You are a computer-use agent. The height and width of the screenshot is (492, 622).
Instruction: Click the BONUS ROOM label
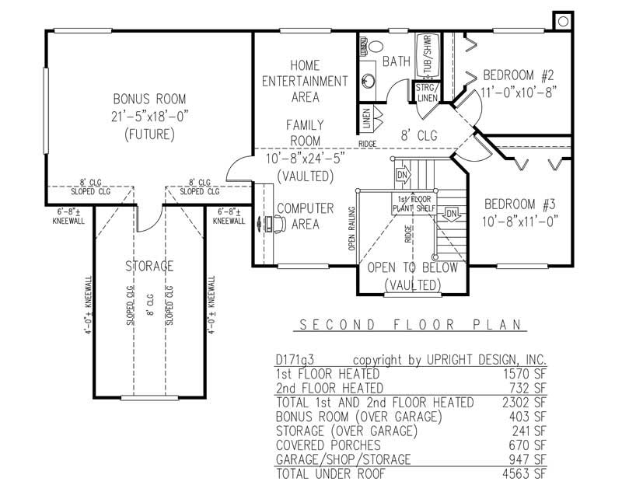[x=149, y=99]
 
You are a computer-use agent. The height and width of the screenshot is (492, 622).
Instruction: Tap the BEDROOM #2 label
[x=518, y=75]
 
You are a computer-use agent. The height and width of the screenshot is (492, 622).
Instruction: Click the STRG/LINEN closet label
[x=427, y=92]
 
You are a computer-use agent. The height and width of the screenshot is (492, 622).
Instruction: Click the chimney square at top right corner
[x=561, y=21]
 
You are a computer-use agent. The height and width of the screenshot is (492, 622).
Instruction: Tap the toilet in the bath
[x=365, y=48]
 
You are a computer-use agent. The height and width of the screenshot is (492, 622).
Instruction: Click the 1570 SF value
[x=529, y=374]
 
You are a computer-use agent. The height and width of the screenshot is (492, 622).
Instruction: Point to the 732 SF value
[x=532, y=388]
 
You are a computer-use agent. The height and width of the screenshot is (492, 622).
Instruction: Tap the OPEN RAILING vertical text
[x=352, y=230]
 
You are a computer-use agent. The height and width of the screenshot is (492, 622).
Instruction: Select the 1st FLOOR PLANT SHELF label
[x=412, y=204]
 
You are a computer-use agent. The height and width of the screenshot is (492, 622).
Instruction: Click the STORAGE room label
[x=149, y=267]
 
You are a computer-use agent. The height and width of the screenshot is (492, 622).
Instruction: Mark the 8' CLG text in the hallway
[x=420, y=135]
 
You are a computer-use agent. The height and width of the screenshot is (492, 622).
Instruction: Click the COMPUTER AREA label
[x=306, y=216]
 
